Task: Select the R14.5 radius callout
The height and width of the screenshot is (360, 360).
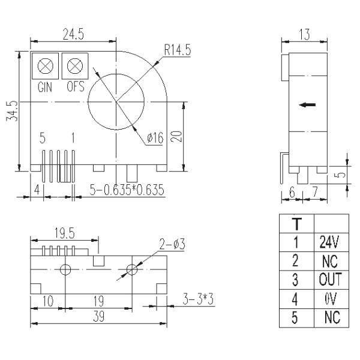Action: (178, 50)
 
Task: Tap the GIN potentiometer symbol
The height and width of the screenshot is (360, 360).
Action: (45, 65)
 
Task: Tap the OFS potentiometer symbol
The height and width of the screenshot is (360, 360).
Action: (75, 65)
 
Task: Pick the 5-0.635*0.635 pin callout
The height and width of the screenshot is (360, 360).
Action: (127, 190)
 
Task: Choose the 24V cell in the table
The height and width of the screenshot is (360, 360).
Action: (329, 242)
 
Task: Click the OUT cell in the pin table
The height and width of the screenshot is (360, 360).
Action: (329, 280)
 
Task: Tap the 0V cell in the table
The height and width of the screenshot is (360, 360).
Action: (329, 298)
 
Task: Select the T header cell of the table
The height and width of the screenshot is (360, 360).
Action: (296, 224)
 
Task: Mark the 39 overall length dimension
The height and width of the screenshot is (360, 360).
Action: (98, 317)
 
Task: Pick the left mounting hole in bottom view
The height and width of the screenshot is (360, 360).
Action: (66, 269)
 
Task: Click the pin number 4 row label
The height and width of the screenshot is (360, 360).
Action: (296, 298)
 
